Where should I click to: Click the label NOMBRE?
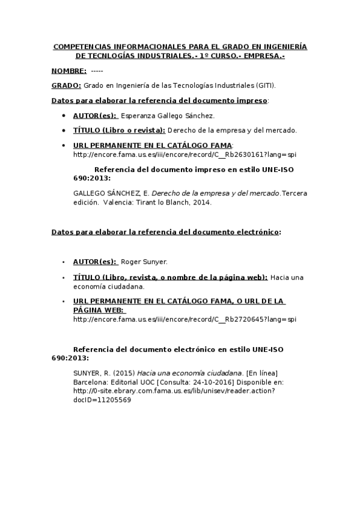coord(69,71)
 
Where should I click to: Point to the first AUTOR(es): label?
coord(95,115)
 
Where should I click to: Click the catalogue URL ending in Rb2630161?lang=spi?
coord(185,154)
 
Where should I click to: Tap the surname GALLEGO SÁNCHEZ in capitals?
coord(107,193)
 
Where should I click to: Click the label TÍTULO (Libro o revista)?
coord(118,130)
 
